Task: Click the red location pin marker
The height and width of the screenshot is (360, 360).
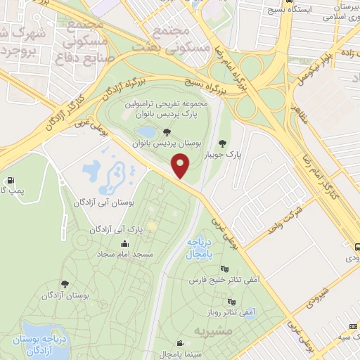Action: point(181,166)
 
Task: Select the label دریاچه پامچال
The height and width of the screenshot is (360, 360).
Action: point(199,247)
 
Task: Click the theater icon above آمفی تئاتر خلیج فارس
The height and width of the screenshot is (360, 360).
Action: point(224,269)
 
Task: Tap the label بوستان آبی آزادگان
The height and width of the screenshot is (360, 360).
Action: point(103,202)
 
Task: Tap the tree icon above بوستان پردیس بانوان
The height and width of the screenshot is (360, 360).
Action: point(166,131)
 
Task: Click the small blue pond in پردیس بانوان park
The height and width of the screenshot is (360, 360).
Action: point(147,131)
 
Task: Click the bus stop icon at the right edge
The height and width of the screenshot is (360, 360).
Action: point(357,247)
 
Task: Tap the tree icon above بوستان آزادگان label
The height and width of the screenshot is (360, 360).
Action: point(65,285)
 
